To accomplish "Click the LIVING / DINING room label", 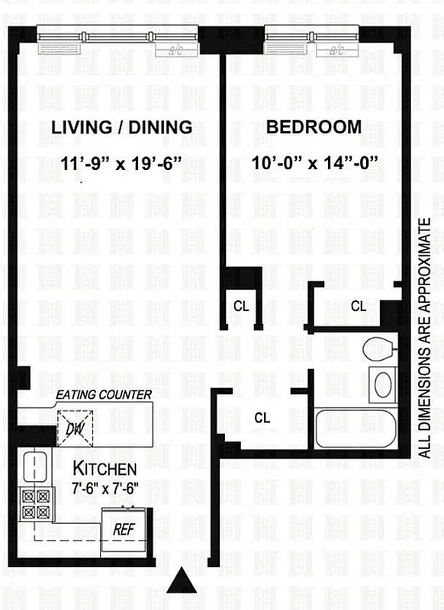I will [121, 127].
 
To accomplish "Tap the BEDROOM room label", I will [314, 127].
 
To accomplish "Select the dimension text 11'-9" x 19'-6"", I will [121, 162].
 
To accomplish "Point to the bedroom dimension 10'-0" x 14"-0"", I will [316, 162].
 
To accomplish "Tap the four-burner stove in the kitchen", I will [34, 503].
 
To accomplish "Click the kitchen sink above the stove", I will [34, 465].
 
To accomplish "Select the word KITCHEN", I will [105, 468].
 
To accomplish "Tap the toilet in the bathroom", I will [377, 350].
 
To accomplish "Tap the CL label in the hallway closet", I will [262, 418].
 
